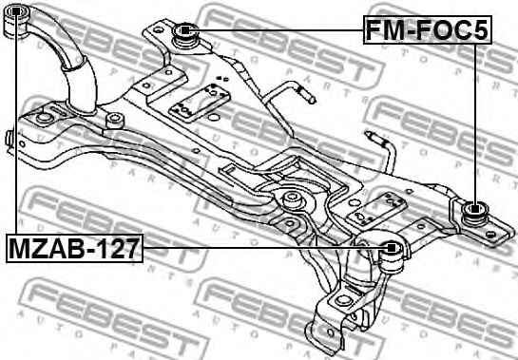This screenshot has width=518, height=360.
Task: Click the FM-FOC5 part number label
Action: pyautogui.click(x=428, y=29)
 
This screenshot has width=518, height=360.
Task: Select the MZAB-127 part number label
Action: pyautogui.click(x=74, y=248)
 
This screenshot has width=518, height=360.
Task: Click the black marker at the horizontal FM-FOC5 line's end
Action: pyautogui.click(x=184, y=30)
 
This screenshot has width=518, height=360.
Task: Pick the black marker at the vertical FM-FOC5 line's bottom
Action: pyautogui.click(x=474, y=209)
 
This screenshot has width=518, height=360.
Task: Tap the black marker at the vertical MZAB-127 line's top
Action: pyautogui.click(x=15, y=12)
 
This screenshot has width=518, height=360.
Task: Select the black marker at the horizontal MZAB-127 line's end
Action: pyautogui.click(x=392, y=248)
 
